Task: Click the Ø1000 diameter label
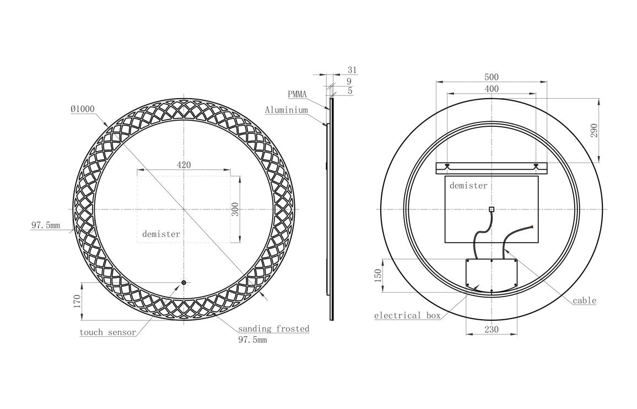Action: tap(83, 109)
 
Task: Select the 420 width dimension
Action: tap(184, 165)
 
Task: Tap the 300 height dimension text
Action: tap(235, 209)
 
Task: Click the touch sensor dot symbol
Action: tap(184, 283)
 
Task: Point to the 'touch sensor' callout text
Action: tap(107, 332)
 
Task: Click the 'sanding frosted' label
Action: tap(273, 329)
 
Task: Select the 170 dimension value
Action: tap(77, 301)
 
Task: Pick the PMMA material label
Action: tap(297, 95)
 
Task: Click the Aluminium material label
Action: tap(286, 110)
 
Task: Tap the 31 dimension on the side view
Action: tap(352, 70)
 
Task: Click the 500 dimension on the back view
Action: tap(492, 77)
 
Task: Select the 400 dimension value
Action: tap(492, 89)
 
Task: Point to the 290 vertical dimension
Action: tap(594, 130)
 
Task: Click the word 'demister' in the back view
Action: tap(468, 186)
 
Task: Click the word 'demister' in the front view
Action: tap(161, 234)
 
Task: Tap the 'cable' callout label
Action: tap(584, 300)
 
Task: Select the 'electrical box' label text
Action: tap(407, 316)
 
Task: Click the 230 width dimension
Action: tap(491, 329)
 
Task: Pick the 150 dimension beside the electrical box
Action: tap(378, 276)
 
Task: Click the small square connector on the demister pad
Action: tap(492, 209)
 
